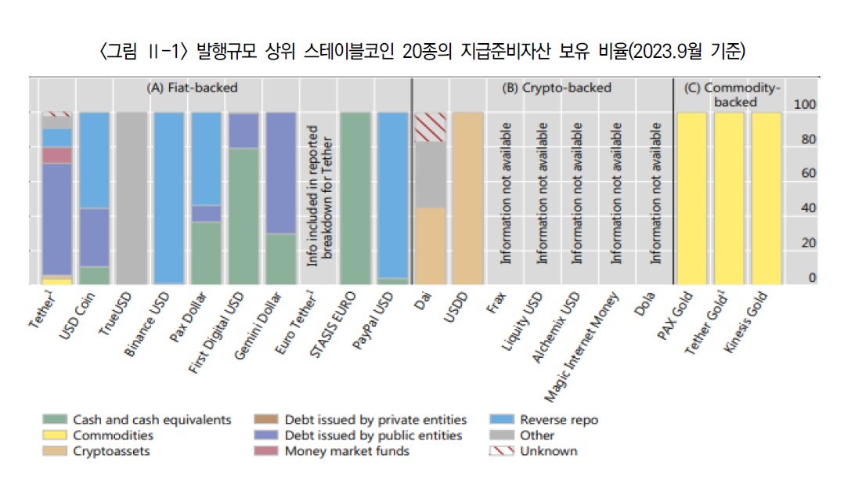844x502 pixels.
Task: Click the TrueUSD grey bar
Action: tap(132, 198)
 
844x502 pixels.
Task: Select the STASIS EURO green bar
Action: tap(355, 198)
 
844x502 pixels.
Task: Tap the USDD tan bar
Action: tap(467, 198)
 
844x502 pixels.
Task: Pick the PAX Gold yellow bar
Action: tap(692, 198)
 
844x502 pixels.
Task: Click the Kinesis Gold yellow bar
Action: tap(766, 198)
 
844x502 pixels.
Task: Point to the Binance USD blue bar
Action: tap(168, 198)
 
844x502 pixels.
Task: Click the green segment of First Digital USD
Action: tap(243, 215)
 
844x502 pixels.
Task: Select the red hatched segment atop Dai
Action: tap(430, 127)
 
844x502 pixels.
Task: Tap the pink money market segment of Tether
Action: tap(57, 155)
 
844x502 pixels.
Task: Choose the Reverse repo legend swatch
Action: tap(501, 420)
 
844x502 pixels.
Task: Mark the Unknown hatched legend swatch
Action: tap(501, 451)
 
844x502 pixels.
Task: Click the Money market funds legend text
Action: tap(347, 451)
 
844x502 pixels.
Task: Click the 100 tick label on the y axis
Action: tap(805, 105)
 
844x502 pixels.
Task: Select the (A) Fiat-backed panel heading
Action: tap(192, 88)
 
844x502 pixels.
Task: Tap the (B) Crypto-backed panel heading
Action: tap(557, 88)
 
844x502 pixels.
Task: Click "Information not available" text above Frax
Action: tap(505, 192)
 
